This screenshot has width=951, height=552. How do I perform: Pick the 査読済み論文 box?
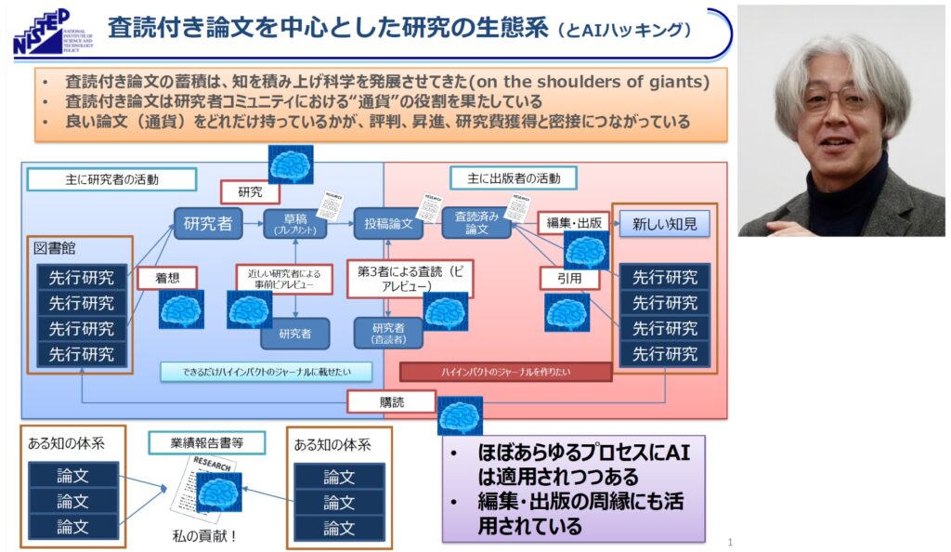(x=475, y=224)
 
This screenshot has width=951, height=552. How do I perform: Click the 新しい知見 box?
(x=664, y=223)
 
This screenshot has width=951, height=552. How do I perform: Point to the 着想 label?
(x=163, y=277)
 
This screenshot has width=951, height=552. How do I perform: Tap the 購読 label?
(x=390, y=401)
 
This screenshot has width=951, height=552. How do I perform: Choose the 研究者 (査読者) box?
(x=387, y=332)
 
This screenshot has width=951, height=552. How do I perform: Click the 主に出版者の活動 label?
(x=513, y=177)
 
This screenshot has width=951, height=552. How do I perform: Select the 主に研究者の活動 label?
(x=111, y=178)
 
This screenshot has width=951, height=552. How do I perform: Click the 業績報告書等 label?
(x=206, y=442)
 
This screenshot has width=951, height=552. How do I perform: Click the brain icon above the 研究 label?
(x=290, y=164)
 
